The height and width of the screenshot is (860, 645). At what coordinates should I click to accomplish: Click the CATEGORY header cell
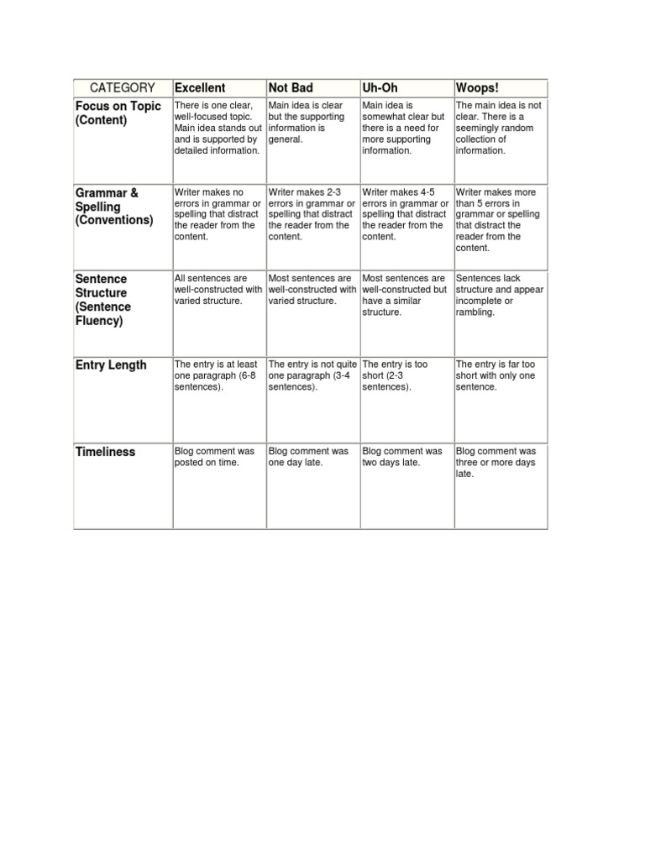point(123,88)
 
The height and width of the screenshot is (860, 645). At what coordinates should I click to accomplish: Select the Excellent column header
point(200,88)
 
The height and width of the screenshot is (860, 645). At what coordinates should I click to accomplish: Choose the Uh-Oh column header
point(380,88)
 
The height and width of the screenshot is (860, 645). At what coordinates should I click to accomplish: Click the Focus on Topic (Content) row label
point(118,113)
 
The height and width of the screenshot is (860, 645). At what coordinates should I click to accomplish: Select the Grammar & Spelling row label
point(114,207)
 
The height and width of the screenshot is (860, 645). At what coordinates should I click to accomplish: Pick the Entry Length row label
point(111,365)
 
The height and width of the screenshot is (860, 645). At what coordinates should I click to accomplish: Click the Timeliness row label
point(105,452)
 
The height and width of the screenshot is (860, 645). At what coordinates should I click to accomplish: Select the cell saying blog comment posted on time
point(218,457)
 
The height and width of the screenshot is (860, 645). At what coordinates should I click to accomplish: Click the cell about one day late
point(312,457)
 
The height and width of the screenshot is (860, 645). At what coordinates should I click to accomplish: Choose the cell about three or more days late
point(499,463)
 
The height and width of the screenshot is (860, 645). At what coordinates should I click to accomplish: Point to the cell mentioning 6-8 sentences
point(218,376)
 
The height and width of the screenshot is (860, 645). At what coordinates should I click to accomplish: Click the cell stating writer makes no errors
point(218,214)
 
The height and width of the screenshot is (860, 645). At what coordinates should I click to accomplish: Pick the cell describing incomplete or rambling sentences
point(499,295)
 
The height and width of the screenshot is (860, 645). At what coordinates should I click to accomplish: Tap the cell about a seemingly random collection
point(499,128)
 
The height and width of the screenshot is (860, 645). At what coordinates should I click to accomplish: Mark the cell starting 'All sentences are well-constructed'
point(218,289)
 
